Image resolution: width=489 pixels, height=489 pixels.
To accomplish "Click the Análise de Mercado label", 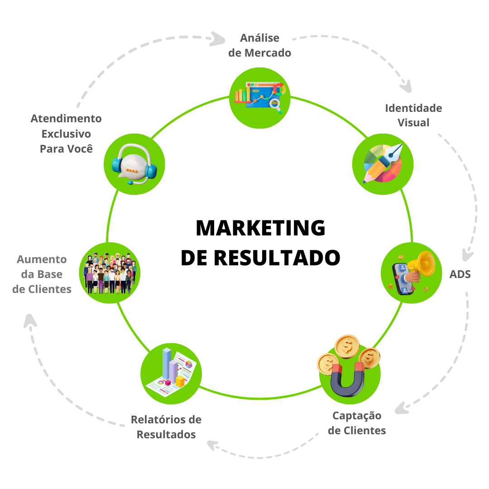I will (259, 45).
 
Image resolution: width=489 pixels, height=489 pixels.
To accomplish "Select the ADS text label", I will (460, 274).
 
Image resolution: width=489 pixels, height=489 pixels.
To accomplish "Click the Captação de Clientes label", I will (357, 423).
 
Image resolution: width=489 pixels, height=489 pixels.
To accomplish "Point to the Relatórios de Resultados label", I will (166, 427).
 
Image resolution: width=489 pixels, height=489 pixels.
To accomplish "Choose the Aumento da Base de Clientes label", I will (42, 274).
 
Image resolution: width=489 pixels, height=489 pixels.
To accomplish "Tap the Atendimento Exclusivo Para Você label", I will (66, 134).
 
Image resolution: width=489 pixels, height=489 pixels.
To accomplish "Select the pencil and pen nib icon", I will (383, 163).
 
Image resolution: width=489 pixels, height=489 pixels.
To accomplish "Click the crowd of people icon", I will (109, 273).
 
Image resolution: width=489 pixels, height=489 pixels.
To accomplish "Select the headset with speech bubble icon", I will (134, 164).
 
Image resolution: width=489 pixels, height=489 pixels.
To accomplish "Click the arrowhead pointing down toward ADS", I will (467, 254).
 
